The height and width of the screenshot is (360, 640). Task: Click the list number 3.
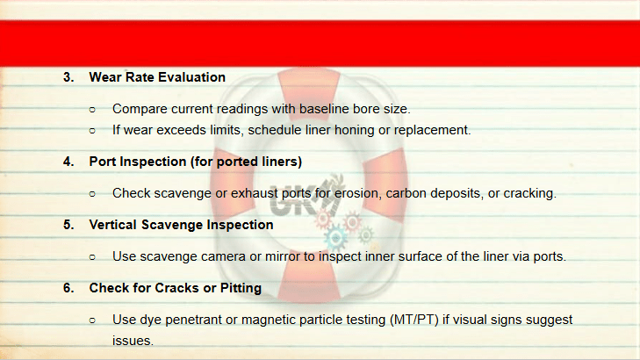(x=68, y=77)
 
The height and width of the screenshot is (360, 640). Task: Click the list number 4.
(x=68, y=162)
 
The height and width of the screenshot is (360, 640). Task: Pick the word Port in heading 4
(x=103, y=162)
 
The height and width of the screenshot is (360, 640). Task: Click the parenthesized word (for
(x=202, y=162)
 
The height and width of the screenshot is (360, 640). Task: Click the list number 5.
(x=68, y=225)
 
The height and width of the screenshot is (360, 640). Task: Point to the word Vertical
(x=113, y=225)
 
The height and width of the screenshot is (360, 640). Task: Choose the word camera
(x=223, y=256)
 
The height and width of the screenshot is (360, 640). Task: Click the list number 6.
(x=68, y=288)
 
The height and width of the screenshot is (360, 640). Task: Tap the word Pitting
(x=241, y=288)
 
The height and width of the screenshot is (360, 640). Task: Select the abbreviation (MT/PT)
(x=413, y=320)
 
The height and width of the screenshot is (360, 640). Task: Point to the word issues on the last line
(x=133, y=341)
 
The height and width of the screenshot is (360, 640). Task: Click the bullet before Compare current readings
(x=92, y=110)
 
